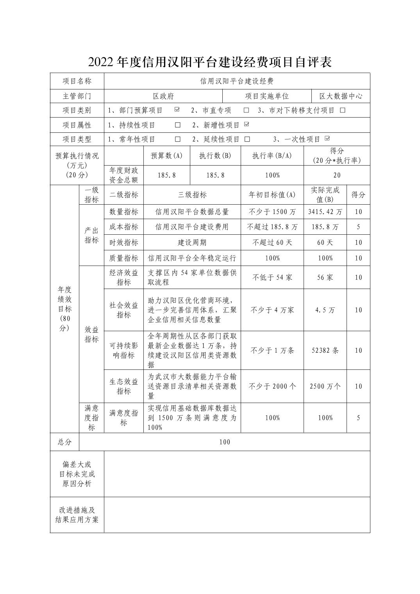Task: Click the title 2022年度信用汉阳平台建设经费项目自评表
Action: (210, 62)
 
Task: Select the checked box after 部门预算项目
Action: (177, 110)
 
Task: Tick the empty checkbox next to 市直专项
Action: (246, 110)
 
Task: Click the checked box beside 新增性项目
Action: (246, 125)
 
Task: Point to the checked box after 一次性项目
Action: (327, 139)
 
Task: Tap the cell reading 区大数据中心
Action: (341, 96)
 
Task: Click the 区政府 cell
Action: (163, 96)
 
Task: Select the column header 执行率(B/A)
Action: (272, 155)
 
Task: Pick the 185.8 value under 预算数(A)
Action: (166, 175)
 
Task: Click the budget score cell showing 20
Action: (337, 175)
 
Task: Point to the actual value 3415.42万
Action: (325, 212)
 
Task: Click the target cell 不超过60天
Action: (272, 243)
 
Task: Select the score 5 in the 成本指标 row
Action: (358, 227)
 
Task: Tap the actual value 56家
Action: (325, 278)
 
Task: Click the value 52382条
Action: (325, 350)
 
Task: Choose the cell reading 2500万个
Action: (325, 386)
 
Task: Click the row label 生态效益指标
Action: (123, 386)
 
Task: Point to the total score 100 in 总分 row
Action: (225, 442)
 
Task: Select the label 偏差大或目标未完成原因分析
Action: (77, 474)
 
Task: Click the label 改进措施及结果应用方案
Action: (77, 515)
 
